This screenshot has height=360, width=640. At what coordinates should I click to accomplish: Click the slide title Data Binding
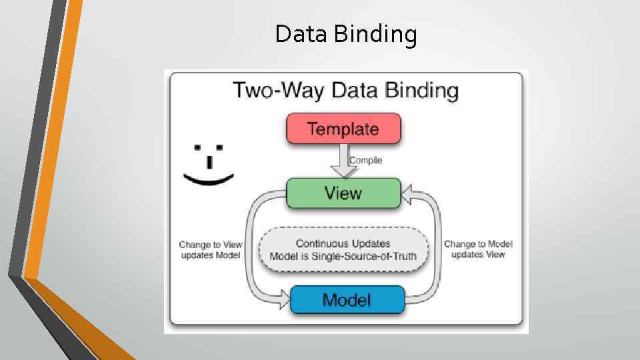[x=346, y=34]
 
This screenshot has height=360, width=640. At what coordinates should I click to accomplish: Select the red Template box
[x=343, y=129]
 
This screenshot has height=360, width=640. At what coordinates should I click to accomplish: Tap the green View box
[x=343, y=193]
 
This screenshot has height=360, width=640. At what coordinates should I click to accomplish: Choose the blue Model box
[x=347, y=299]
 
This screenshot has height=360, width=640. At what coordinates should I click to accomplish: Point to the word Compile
[x=366, y=160]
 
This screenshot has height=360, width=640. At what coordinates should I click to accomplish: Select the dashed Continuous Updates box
[x=343, y=250]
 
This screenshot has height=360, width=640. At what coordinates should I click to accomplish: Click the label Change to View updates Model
[x=209, y=250]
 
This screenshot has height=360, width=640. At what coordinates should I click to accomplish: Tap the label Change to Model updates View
[x=478, y=249]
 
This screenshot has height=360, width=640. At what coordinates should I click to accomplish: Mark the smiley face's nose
[x=209, y=162]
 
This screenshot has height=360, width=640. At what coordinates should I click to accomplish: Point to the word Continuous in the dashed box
[x=320, y=244]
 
